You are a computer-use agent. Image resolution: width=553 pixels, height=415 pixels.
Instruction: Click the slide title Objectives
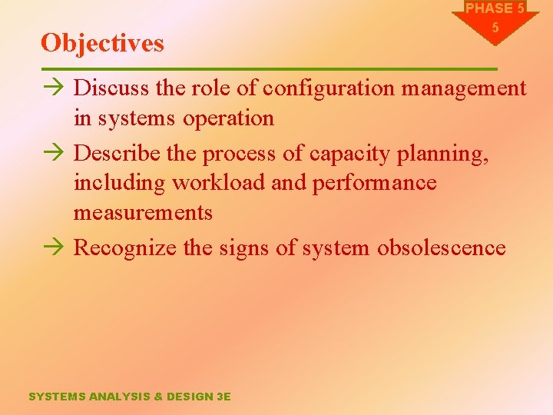tap(102, 43)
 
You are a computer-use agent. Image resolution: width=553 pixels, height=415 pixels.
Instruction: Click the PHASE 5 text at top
tap(495, 8)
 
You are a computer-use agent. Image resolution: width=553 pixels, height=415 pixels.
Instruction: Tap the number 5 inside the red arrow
tap(495, 28)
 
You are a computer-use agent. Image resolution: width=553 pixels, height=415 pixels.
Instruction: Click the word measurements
tap(143, 212)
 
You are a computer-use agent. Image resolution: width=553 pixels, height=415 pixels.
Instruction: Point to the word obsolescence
tap(441, 247)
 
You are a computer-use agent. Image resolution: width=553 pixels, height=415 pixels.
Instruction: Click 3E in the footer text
tap(223, 397)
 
